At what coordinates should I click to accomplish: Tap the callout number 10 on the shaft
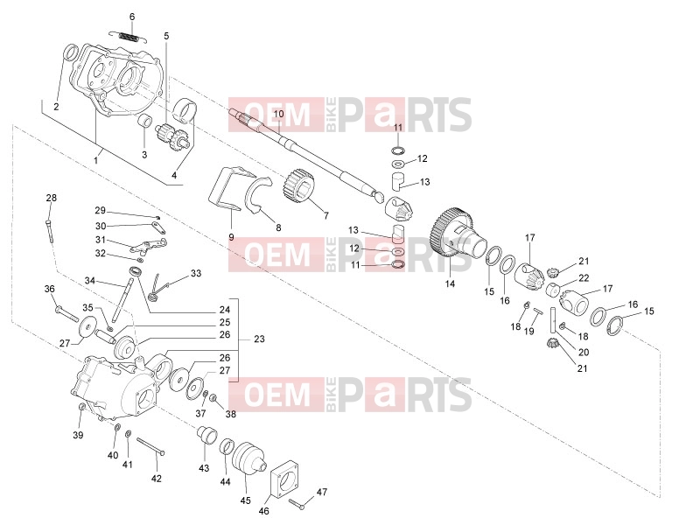[x=278, y=115]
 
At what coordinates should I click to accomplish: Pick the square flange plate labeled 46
[x=285, y=485]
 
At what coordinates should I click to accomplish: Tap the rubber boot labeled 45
[x=248, y=460]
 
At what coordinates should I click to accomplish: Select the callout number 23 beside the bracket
[x=259, y=339]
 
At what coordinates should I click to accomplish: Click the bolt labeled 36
[x=67, y=314]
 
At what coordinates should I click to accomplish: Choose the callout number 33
[x=196, y=274]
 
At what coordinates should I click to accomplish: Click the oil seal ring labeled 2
[x=71, y=52]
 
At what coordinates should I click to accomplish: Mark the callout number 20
[x=584, y=353]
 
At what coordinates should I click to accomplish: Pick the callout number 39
[x=78, y=435]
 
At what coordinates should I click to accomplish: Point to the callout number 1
[x=95, y=159]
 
